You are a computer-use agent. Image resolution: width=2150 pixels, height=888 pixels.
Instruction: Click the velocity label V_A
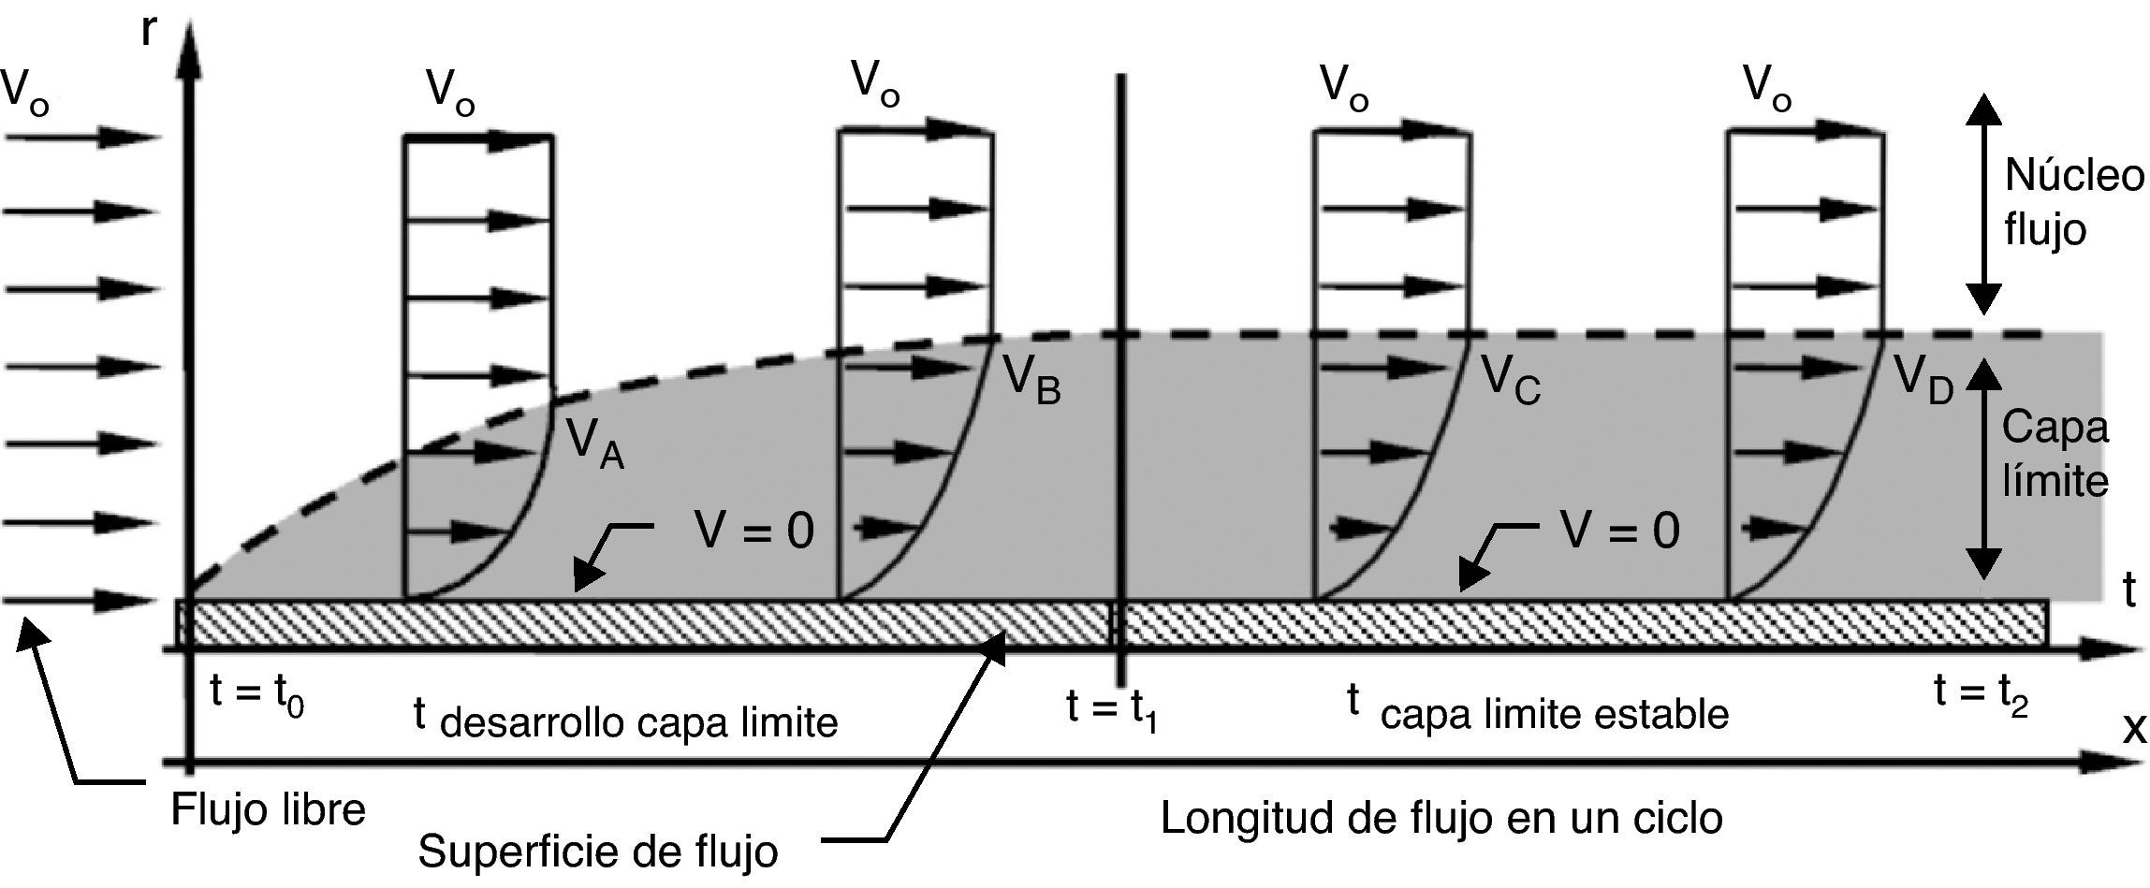click(595, 444)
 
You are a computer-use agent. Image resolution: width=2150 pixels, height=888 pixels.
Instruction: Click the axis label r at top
click(148, 30)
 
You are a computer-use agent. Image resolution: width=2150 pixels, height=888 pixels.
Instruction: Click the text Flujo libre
click(268, 809)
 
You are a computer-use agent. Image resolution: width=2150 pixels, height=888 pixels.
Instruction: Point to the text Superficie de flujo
click(597, 852)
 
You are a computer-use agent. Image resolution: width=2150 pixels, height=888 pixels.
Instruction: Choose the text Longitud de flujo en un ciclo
click(1441, 819)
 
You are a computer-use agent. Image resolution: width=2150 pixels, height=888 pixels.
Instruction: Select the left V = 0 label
click(753, 531)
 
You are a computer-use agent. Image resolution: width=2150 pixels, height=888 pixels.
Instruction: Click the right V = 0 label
click(1619, 531)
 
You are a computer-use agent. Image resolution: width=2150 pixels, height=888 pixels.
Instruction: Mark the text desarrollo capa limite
click(638, 723)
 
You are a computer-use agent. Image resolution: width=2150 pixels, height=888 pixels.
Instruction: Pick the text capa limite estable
click(1554, 715)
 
